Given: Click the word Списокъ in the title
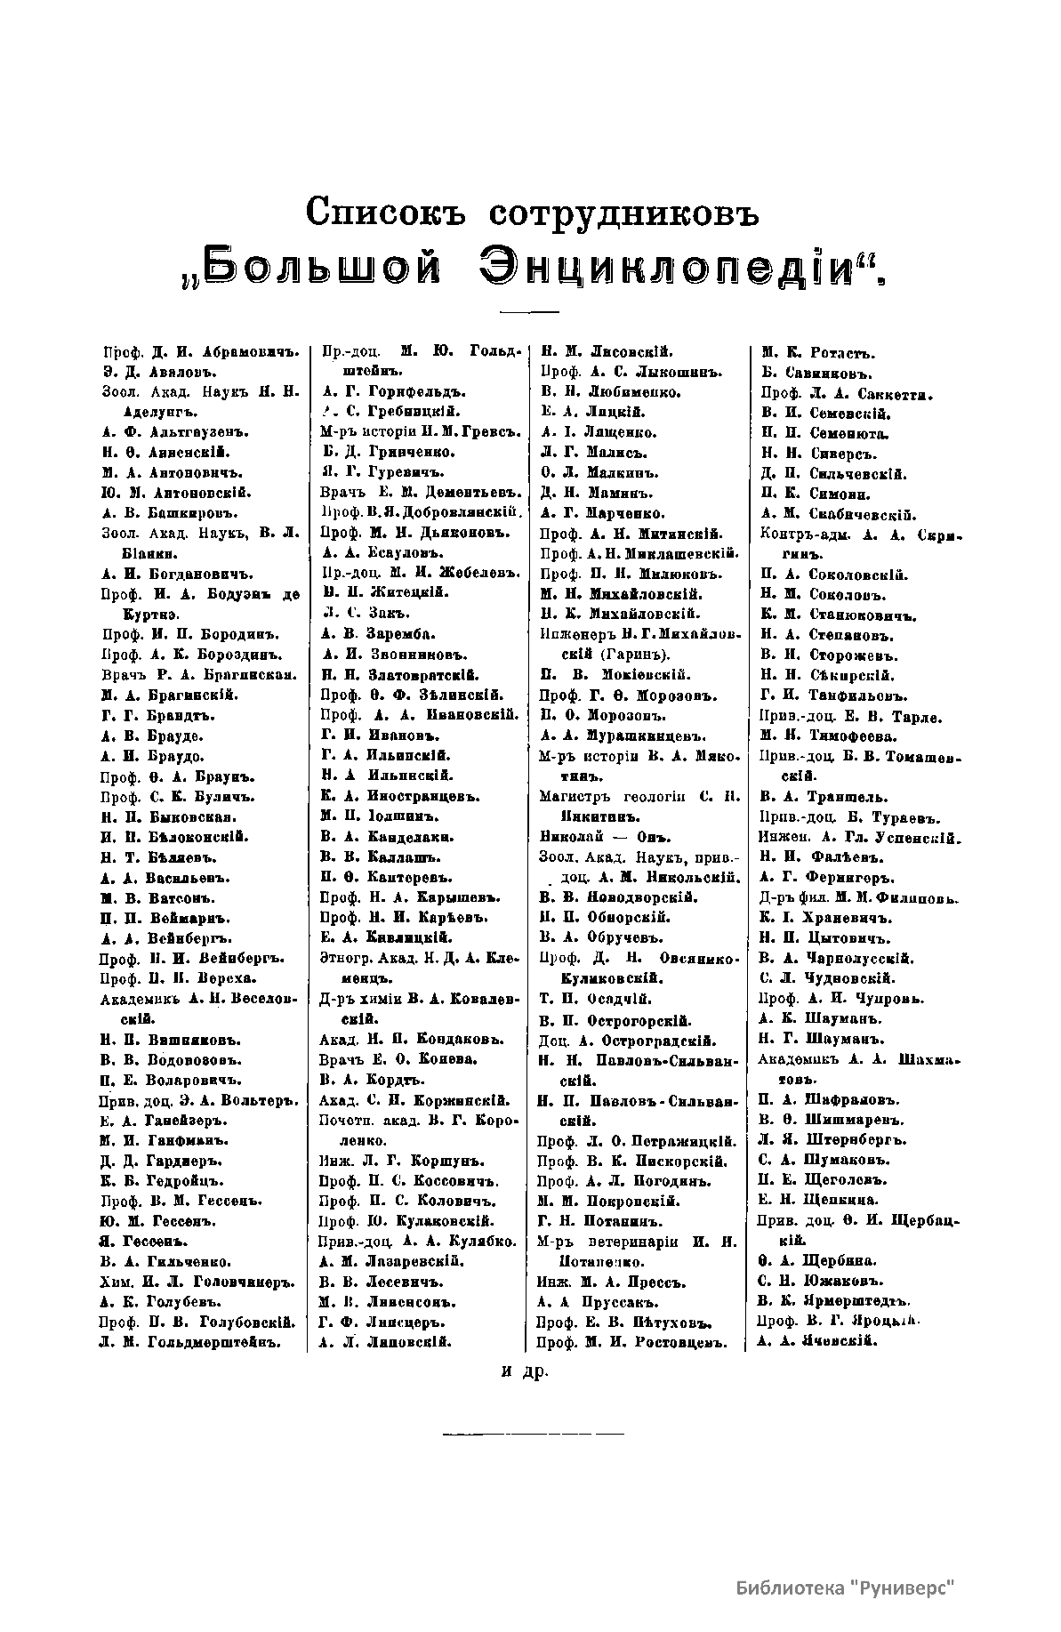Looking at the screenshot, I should click(383, 213).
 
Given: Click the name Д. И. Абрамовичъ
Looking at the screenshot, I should click(214, 351).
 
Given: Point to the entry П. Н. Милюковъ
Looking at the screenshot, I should click(635, 574).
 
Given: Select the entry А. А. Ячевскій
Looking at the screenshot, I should click(816, 1341).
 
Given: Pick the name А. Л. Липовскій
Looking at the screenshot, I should click(382, 1322).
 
